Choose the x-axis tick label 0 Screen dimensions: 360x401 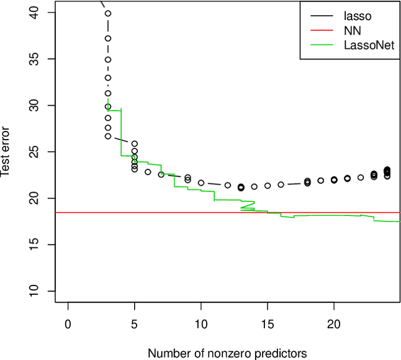coord(68,324)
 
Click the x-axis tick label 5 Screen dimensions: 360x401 coord(134,324)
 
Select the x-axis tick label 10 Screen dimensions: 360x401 coord(200,324)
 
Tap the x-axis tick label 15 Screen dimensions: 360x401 coord(268,324)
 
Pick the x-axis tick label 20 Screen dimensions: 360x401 coord(334,324)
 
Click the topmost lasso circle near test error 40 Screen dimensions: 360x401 coord(108,13)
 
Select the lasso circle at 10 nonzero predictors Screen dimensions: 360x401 coord(201,183)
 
